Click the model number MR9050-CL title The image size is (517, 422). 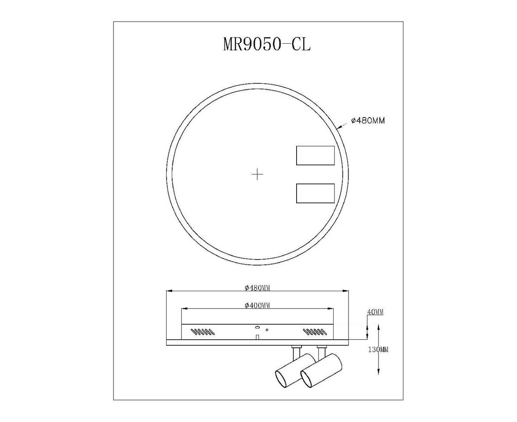(x=267, y=44)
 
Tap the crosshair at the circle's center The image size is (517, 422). (x=257, y=174)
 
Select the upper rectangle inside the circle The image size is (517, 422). (x=315, y=155)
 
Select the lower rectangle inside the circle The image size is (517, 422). (x=315, y=193)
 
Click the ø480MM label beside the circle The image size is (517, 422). (x=368, y=121)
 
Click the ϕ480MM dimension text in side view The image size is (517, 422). (x=257, y=288)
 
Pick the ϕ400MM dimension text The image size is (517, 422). (x=257, y=305)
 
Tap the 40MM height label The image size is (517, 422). (x=375, y=312)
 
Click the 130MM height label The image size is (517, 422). (x=378, y=350)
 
